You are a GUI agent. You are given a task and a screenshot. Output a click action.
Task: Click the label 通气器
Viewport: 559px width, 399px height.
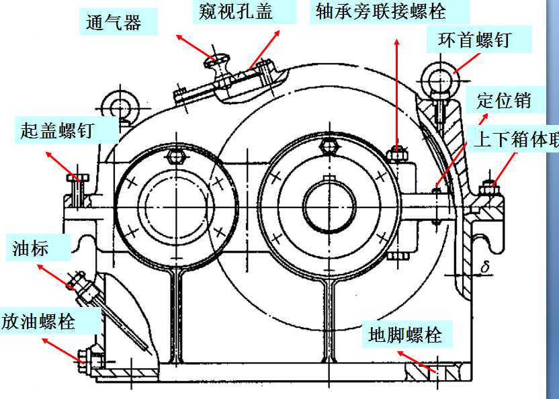(114, 23)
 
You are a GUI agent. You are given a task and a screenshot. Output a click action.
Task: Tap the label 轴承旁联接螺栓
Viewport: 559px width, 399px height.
(381, 11)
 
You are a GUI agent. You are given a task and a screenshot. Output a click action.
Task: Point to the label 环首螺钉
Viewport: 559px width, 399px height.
(474, 40)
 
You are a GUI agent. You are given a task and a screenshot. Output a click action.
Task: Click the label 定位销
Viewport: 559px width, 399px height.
(503, 101)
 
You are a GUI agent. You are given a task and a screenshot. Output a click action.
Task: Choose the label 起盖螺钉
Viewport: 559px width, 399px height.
(56, 130)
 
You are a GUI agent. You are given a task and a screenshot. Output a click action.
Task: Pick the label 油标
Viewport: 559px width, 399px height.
(31, 249)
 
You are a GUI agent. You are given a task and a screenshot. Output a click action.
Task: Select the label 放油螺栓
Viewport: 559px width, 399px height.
(38, 320)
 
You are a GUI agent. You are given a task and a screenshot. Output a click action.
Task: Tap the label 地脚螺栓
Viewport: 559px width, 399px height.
(405, 334)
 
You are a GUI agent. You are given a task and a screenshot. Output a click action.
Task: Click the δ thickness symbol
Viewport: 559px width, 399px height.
(484, 268)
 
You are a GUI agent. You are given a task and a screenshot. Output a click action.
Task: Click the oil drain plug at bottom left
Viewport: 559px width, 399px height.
(87, 356)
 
